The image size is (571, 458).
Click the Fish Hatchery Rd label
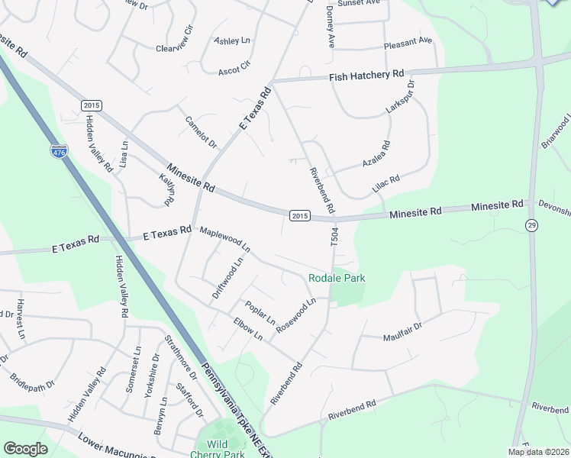[x=366, y=75]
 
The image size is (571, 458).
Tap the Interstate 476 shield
[x=59, y=152]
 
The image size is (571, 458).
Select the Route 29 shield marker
[x=530, y=224]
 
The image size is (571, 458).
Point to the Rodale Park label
[x=337, y=278]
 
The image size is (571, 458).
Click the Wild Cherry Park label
[x=221, y=450]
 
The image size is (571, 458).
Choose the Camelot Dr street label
[x=202, y=133]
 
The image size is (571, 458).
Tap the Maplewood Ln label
[x=224, y=239]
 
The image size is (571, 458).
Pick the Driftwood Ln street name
[x=228, y=277]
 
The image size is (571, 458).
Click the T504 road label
[x=334, y=236]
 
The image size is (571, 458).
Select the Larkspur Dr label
[x=399, y=97]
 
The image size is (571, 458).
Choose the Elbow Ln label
[x=248, y=329]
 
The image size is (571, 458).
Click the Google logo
[x=26, y=449]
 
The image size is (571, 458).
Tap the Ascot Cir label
[x=234, y=68]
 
